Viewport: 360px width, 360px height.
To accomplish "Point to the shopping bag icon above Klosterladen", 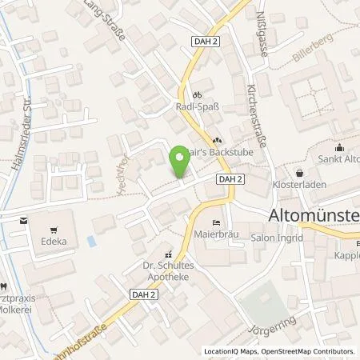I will pos(300,172).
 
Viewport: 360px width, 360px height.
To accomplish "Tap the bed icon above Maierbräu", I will pos(214,222).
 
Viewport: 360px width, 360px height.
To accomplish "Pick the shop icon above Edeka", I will pos(22,218).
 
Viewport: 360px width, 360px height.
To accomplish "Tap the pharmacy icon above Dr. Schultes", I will pos(167,249).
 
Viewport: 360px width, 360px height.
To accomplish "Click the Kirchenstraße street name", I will pos(261,110).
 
